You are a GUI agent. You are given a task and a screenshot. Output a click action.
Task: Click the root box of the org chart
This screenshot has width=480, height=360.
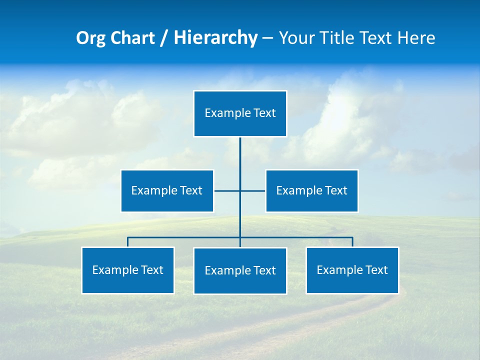(240, 113)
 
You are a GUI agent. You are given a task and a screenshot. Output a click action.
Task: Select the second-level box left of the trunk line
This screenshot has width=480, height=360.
(167, 190)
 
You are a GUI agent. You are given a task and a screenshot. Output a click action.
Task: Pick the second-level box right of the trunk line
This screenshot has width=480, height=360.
(311, 190)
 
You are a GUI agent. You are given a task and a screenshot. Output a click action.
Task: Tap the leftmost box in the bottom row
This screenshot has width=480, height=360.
(128, 270)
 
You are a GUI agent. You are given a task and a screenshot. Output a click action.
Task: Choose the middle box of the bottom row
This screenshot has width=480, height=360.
(240, 270)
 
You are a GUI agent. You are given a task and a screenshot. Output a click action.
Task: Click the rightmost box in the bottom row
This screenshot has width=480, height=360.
(352, 270)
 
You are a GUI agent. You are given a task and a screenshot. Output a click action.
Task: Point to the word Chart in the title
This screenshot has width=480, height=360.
(132, 38)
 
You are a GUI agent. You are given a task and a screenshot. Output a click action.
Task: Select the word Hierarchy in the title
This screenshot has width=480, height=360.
(215, 38)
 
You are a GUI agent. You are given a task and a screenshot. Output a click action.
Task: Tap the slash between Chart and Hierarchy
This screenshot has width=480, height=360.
(164, 38)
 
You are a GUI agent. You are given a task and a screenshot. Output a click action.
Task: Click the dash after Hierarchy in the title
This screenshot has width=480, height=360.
(267, 38)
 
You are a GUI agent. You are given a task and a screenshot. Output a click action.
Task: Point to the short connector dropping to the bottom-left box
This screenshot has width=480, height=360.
(128, 242)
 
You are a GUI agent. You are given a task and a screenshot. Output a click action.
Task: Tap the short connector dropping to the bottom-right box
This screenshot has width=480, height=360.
(352, 242)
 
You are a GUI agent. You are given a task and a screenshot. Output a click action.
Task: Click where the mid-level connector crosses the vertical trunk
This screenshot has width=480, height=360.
(240, 190)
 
